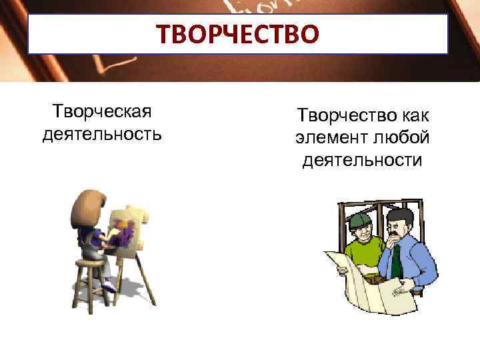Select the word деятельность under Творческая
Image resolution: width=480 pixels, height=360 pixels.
(102, 135)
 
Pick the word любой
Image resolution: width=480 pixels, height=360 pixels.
(401, 139)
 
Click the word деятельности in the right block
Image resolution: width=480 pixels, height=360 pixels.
(362, 161)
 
